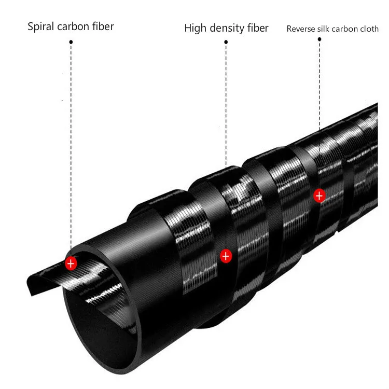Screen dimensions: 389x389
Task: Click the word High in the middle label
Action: (195, 28)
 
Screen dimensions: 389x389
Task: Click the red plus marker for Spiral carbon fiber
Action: (71, 263)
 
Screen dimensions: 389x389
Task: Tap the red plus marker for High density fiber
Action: (226, 255)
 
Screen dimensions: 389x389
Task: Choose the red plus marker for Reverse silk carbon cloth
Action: (319, 196)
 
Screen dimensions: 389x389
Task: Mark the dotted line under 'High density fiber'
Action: (226, 104)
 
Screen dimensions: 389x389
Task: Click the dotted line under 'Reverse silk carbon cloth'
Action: (319, 83)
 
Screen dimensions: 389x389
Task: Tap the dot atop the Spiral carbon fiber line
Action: (71, 40)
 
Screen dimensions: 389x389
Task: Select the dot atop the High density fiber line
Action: (226, 42)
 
